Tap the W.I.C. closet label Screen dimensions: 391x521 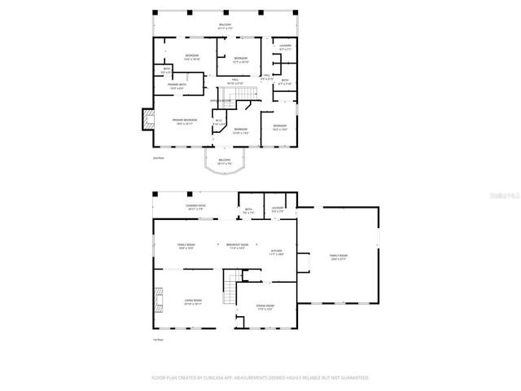(219, 123)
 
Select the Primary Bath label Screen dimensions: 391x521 (178, 86)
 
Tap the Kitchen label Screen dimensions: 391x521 (276, 253)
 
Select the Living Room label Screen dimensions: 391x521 (191, 301)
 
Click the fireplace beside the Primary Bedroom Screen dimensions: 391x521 (147, 121)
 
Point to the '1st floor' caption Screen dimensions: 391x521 (158, 340)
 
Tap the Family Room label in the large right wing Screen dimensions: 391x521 (338, 258)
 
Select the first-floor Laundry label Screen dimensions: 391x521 (277, 210)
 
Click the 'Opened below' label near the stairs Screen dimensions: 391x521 (220, 101)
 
